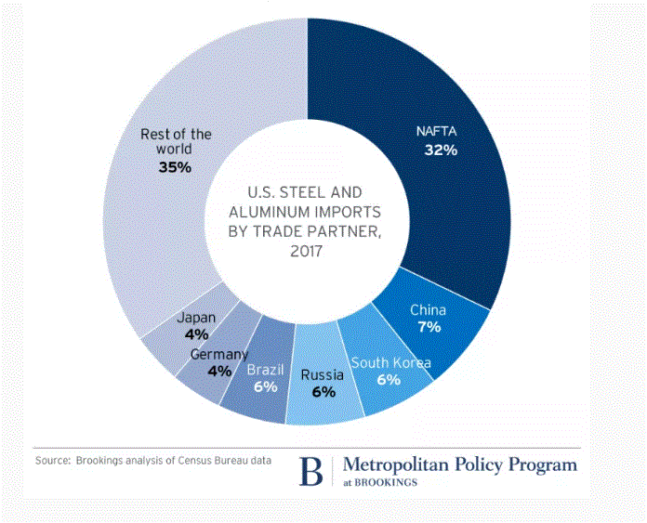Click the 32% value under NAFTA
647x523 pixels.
tap(441, 150)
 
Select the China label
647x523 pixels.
tap(429, 309)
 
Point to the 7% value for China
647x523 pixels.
tap(429, 327)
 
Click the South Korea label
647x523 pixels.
tap(390, 362)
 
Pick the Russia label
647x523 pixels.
tap(322, 376)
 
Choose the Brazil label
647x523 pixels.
tap(265, 370)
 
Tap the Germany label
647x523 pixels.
tap(219, 355)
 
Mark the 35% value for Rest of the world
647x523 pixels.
tap(176, 168)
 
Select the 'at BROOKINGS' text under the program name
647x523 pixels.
tap(381, 483)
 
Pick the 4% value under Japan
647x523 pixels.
tap(197, 334)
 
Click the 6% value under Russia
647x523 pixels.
tap(322, 393)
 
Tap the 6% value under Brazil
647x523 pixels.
tap(265, 387)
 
